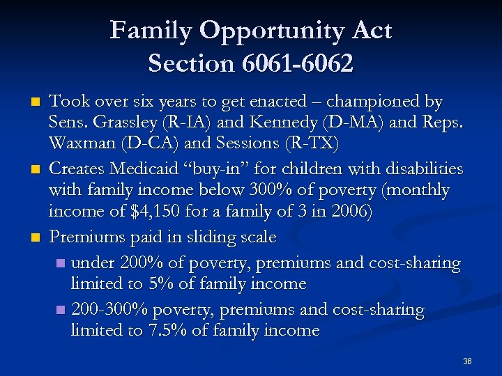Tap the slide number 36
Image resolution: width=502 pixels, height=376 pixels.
coord(467,361)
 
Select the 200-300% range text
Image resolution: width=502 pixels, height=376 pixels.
coord(108,308)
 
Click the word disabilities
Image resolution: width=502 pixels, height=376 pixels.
coord(422,168)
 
